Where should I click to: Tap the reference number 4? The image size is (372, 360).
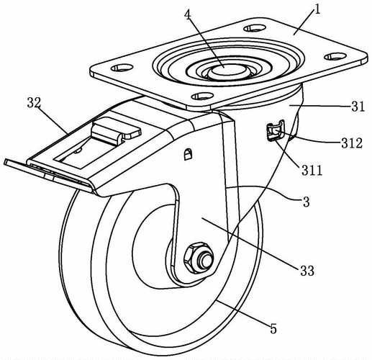point(188,15)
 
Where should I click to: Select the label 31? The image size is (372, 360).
point(358,107)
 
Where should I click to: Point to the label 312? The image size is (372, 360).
point(352,143)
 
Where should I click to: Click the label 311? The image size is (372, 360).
point(312,171)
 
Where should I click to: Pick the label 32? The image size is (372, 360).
point(34,103)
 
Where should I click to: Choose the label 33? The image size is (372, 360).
point(307,271)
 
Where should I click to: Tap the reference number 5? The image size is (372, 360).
point(273,328)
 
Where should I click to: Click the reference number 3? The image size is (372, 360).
point(307,202)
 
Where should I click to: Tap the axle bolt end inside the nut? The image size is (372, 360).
point(207,261)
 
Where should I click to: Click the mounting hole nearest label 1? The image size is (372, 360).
point(255,28)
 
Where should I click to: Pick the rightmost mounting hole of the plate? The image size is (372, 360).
point(335,56)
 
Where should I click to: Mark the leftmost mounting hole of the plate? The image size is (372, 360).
point(122,68)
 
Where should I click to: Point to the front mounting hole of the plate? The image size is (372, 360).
point(203,96)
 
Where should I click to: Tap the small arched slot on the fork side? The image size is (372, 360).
point(188,154)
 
